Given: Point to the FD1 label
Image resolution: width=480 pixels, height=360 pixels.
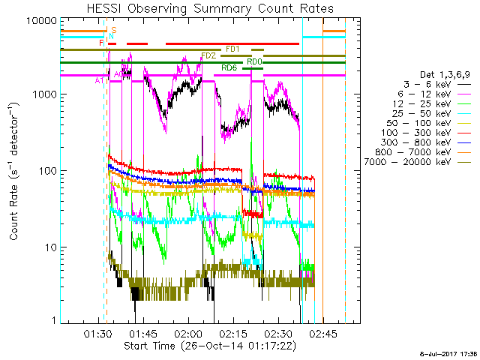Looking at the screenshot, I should click(233, 49).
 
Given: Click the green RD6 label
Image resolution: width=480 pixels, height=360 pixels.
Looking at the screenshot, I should click(229, 68).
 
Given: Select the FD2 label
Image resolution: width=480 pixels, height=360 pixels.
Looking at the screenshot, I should click(208, 55).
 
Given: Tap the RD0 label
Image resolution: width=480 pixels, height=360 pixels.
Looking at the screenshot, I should click(254, 61).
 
